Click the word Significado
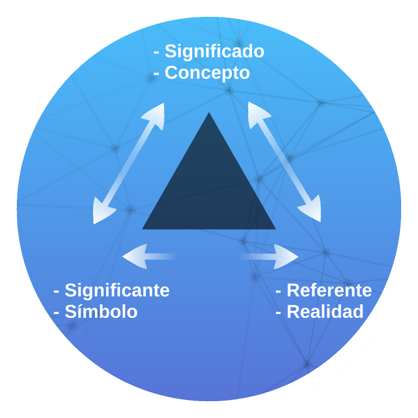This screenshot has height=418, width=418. click(214, 51)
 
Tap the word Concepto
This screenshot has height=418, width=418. click(207, 72)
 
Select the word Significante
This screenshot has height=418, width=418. click(117, 290)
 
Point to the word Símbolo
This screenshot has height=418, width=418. click(101, 312)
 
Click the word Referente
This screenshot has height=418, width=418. click(329, 290)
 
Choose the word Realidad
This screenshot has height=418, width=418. click(325, 312)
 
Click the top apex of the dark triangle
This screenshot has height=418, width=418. click(208, 114)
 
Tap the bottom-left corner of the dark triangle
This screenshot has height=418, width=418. click(144, 228)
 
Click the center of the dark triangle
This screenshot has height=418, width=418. click(209, 188)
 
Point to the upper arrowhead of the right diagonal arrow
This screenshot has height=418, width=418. click(257, 112)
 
